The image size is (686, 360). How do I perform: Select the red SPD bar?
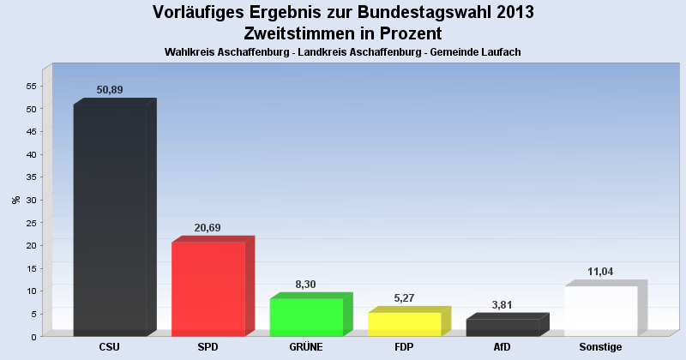point(208,289)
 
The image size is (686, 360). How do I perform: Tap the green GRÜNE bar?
point(306,317)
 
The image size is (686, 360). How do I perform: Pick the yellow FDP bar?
point(404,324)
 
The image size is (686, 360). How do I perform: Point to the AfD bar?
point(502,327)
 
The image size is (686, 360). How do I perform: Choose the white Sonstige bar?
point(600,310)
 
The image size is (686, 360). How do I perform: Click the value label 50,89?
point(110,90)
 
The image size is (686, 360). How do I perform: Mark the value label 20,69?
point(208,227)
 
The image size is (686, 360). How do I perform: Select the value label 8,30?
point(306,284)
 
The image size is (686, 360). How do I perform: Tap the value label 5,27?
point(404,297)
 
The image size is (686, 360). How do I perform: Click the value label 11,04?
point(600,271)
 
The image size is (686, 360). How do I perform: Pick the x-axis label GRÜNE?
point(306,347)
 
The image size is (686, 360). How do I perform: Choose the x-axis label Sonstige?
point(600,347)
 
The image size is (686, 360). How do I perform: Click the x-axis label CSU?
point(110,347)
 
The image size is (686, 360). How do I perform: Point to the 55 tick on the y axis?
point(32,87)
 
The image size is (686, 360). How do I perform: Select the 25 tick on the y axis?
point(32,223)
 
